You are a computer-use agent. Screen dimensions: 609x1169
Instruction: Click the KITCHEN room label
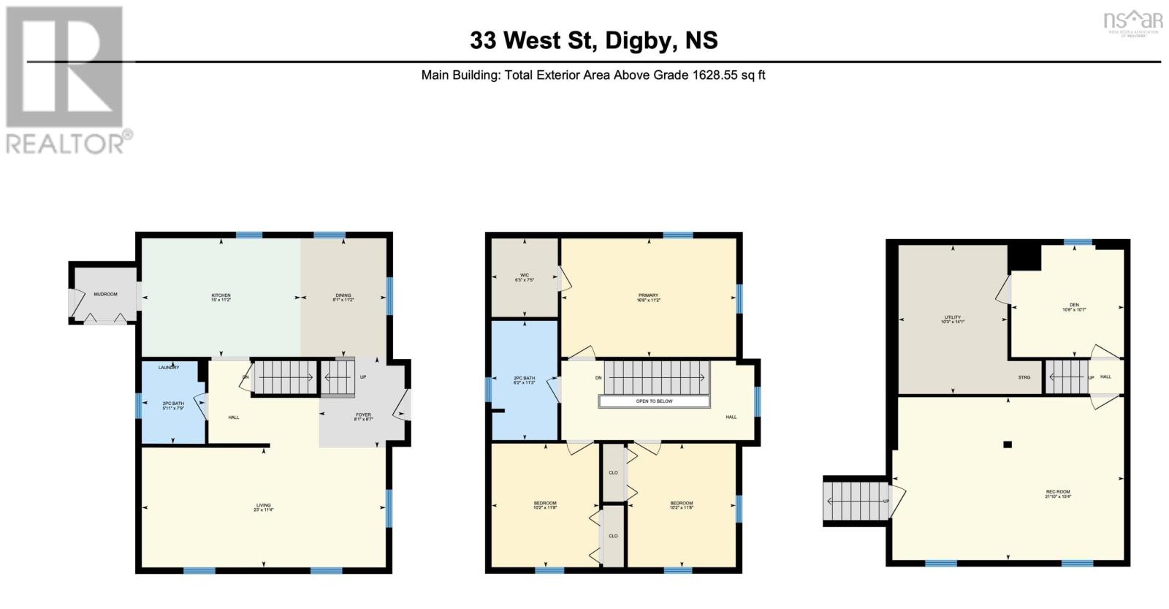point(221,296)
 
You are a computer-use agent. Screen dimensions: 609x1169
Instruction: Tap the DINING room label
point(343,296)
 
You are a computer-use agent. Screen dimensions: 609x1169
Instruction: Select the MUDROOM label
point(105,295)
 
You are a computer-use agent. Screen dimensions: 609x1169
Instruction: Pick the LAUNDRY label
point(169,368)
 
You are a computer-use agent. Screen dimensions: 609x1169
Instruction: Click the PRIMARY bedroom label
point(648,296)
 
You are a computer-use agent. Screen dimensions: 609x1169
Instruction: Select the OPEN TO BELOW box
point(654,401)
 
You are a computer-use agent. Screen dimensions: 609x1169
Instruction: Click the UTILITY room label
point(952,318)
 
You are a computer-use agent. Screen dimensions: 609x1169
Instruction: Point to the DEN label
point(1073,306)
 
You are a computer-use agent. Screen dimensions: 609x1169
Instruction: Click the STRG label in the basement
point(1024,377)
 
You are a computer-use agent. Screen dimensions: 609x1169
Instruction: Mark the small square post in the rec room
point(1008,444)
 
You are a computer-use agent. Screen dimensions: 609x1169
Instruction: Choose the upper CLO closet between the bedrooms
point(613,473)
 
